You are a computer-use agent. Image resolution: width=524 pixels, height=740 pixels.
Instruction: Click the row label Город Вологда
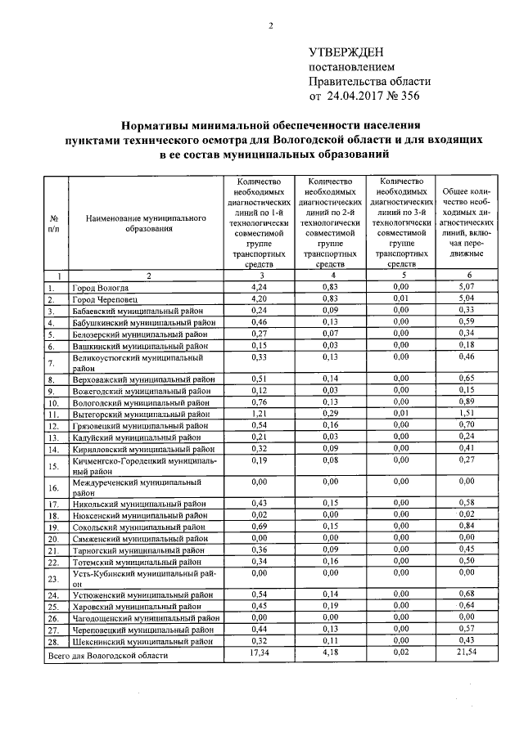pos(101,288)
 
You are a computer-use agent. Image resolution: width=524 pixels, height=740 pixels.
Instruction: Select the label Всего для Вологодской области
pos(108,656)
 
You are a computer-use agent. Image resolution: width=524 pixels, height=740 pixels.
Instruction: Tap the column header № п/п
pos(54,224)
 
